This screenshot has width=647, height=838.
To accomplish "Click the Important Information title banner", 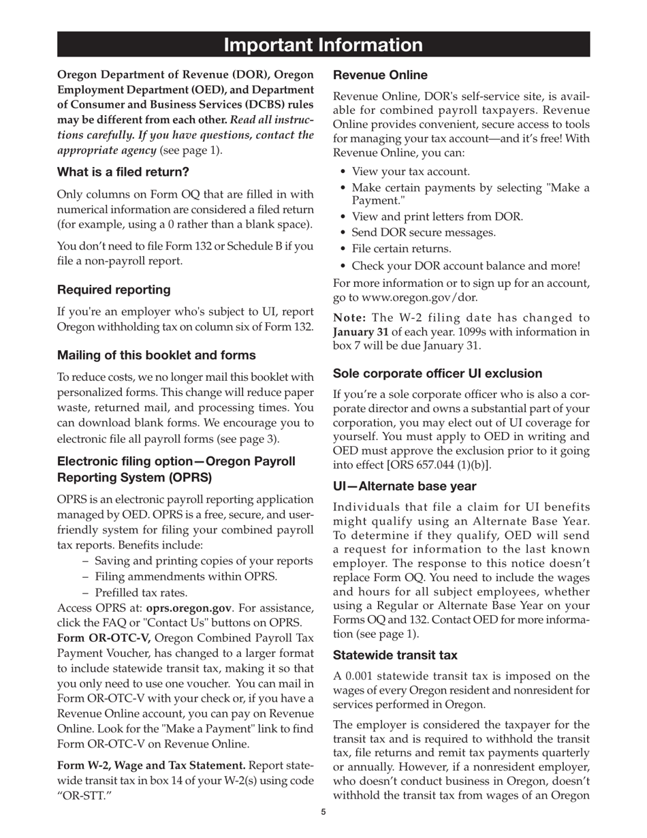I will click(x=323, y=45).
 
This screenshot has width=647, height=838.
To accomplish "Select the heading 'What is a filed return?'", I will click(x=123, y=171).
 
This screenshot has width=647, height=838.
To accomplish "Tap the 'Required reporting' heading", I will click(x=114, y=290).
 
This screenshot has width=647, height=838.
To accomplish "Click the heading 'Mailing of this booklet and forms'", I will click(x=156, y=355).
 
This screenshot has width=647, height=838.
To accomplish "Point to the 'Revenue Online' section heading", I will click(x=380, y=75).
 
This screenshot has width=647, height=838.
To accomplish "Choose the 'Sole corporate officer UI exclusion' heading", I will click(x=437, y=373).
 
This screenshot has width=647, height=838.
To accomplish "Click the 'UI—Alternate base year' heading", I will click(x=404, y=486).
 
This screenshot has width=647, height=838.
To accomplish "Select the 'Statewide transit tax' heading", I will click(x=394, y=655).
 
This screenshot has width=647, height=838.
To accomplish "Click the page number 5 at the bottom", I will click(x=323, y=811).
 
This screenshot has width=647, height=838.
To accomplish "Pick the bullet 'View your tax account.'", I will click(x=411, y=172).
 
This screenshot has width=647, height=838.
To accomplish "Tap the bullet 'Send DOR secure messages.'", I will click(x=424, y=232).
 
